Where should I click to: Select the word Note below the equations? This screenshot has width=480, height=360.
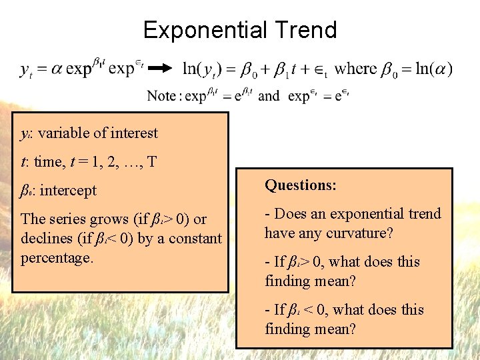[x=161, y=96]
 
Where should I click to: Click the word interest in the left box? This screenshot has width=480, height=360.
[x=134, y=133]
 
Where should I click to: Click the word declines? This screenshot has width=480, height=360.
[x=47, y=238]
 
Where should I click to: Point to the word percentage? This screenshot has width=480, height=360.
[x=56, y=257]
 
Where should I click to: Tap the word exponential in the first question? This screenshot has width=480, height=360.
[x=365, y=214]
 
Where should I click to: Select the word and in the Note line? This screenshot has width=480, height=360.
[x=269, y=96]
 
